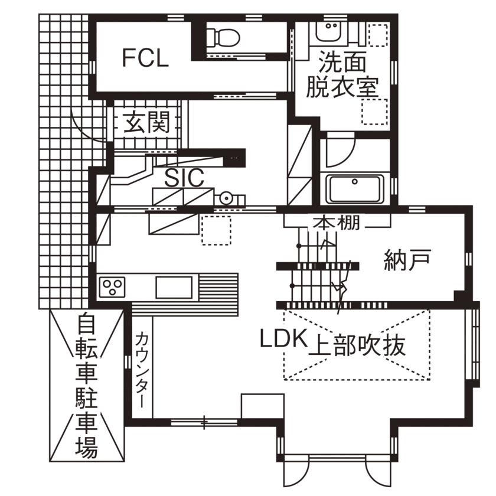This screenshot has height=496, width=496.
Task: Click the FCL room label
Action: (145, 58)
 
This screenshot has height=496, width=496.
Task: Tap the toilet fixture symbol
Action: (223, 37)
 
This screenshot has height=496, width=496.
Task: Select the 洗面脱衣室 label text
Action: (342, 74)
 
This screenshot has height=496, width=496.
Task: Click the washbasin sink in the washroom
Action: (332, 32)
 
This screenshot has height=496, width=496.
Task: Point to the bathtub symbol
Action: (355, 189)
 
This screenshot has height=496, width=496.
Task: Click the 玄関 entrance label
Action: (146, 122)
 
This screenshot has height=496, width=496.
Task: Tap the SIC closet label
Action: (184, 178)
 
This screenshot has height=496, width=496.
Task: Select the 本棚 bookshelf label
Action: (336, 223)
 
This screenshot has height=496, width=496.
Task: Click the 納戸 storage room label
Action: (408, 260)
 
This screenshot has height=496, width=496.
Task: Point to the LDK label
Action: (284, 338)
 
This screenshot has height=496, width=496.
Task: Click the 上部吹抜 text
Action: (357, 345)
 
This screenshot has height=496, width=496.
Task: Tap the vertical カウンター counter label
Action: (142, 369)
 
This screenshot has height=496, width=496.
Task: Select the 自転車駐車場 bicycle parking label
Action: (86, 385)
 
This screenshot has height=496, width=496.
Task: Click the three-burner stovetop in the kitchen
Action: (112, 287)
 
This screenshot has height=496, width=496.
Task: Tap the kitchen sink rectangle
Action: (174, 287)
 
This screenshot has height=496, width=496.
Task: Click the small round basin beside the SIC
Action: (226, 198)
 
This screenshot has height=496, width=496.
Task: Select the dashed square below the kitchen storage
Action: (216, 230)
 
